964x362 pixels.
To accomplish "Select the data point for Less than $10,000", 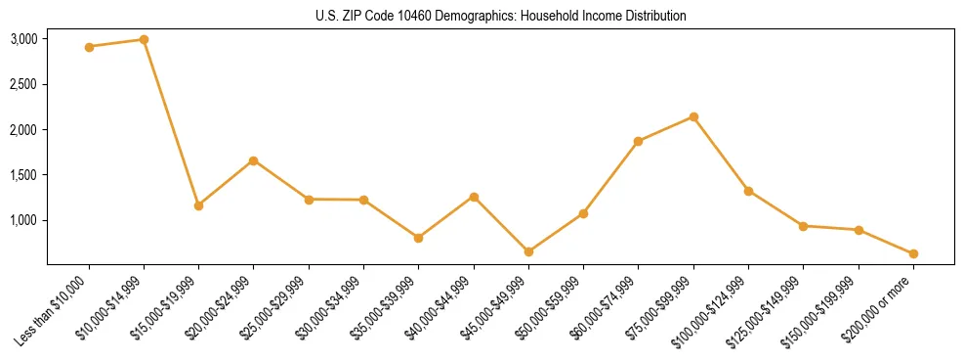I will [x=89, y=47].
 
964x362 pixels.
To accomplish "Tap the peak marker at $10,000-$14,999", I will [x=144, y=40].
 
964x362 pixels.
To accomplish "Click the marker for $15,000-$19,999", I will [x=198, y=205].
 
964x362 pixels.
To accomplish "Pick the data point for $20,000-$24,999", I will [x=254, y=160].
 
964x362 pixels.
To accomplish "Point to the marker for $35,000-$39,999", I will [x=418, y=238].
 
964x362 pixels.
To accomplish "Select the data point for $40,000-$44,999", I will [x=474, y=197].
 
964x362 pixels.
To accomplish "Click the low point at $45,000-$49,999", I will [x=528, y=251].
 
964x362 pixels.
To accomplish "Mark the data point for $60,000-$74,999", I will [x=639, y=141].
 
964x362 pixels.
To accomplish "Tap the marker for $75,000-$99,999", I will [x=693, y=116].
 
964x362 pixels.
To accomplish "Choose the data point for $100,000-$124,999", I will [x=748, y=191].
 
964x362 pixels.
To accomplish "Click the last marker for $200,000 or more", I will [x=913, y=253].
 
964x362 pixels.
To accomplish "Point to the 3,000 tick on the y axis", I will [x=23, y=39].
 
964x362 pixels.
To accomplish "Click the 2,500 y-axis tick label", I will [x=23, y=84].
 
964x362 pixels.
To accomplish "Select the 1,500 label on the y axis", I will [x=23, y=175].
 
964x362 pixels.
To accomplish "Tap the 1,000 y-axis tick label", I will [x=23, y=220].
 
